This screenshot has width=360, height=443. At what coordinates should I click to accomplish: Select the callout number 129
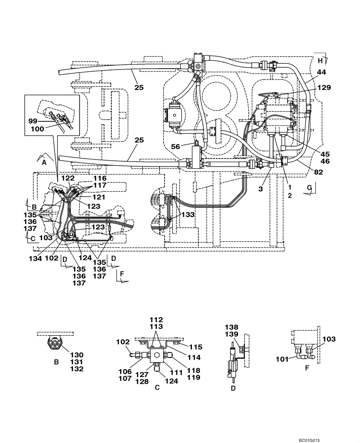click(x=323, y=89)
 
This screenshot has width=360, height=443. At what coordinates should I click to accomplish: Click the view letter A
click(x=44, y=162)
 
